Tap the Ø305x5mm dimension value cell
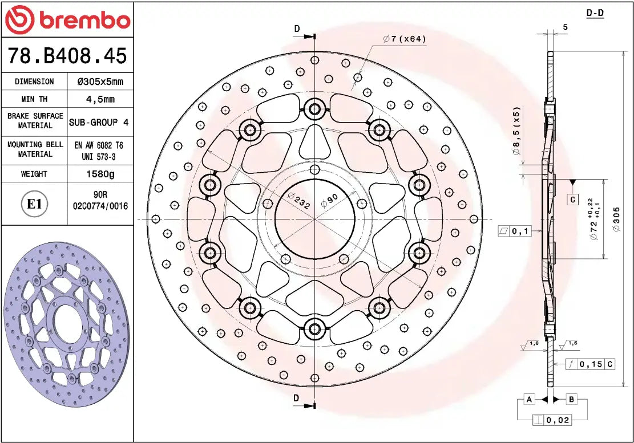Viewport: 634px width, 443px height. pyautogui.click(x=100, y=82)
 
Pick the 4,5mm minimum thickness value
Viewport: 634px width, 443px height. pyautogui.click(x=100, y=99)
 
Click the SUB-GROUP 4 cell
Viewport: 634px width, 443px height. pyautogui.click(x=100, y=122)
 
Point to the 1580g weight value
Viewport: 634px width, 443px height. pyautogui.click(x=100, y=174)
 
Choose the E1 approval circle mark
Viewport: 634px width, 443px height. pyautogui.click(x=35, y=204)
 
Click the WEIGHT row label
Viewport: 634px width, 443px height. pyautogui.click(x=34, y=174)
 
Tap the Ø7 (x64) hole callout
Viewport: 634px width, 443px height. pyautogui.click(x=405, y=39)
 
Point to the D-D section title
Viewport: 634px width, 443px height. pyautogui.click(x=595, y=13)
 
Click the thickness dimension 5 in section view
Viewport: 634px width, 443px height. pyautogui.click(x=565, y=27)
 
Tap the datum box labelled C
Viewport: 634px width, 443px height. pyautogui.click(x=572, y=200)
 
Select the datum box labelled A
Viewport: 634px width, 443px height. pyautogui.click(x=530, y=399)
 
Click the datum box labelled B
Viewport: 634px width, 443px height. pyautogui.click(x=572, y=399)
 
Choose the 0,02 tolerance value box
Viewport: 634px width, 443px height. pyautogui.click(x=558, y=421)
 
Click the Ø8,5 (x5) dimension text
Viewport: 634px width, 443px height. pyautogui.click(x=516, y=131)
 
